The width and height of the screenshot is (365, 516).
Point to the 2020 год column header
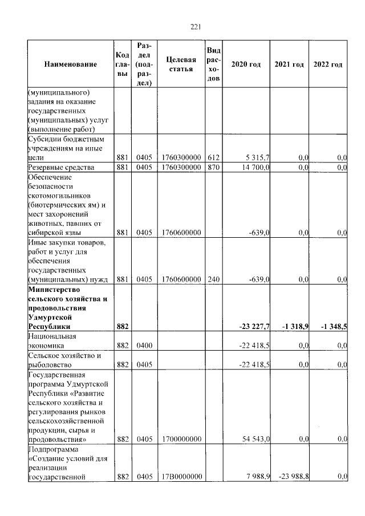(246, 64)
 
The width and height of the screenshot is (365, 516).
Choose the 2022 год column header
(328, 64)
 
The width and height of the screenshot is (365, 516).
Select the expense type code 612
(214, 158)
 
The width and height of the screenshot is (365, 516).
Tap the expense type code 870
(214, 167)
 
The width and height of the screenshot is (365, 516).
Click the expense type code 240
(214, 279)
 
